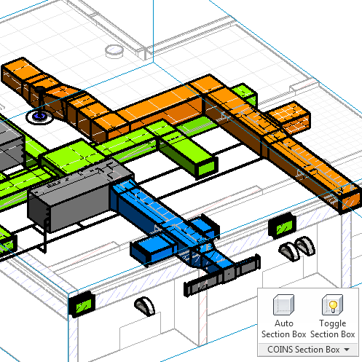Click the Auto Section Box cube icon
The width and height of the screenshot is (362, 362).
click(x=283, y=304)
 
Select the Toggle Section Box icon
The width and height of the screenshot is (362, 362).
click(x=332, y=304)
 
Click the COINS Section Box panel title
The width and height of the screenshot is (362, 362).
click(x=303, y=350)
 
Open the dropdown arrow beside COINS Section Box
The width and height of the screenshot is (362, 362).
click(x=347, y=350)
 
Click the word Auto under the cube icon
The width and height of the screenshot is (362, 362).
click(x=284, y=323)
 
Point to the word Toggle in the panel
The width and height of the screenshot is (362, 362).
click(x=332, y=324)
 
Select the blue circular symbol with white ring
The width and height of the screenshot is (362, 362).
click(x=39, y=117)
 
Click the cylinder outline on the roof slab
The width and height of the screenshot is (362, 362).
click(x=114, y=52)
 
